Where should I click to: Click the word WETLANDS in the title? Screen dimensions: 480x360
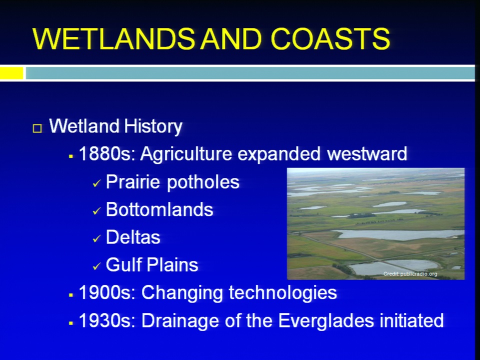tap(113, 38)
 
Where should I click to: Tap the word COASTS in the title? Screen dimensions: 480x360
tap(330, 38)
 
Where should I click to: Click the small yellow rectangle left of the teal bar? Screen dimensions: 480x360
tap(11, 73)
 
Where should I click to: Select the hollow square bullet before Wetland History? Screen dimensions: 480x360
tap(37, 128)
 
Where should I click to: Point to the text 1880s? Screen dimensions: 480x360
tap(107, 153)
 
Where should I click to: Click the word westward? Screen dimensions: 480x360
tap(367, 153)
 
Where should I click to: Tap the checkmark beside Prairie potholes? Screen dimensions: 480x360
tap(96, 183)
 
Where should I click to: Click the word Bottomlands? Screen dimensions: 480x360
tap(159, 209)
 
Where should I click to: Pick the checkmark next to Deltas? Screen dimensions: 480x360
tap(96, 238)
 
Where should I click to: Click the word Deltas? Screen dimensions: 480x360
tap(133, 237)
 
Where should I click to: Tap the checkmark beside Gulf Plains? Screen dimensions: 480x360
tap(96, 266)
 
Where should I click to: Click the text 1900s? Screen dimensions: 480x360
tap(107, 292)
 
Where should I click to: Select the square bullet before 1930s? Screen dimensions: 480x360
tap(70, 323)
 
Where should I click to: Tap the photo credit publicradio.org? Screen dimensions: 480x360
tap(410, 274)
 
